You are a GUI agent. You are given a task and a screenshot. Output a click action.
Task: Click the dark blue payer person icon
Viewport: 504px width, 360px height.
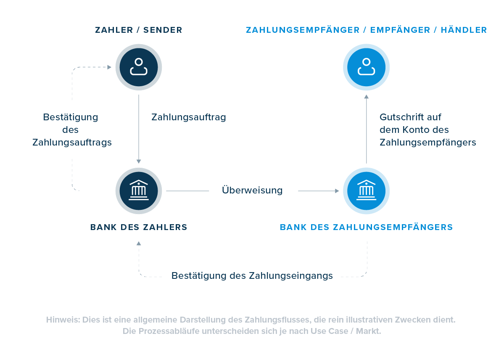pos(139,67)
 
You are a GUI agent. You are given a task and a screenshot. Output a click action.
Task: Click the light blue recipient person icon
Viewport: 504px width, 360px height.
pos(366,67)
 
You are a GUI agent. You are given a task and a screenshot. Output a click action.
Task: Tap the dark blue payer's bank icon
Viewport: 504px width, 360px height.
pos(139,191)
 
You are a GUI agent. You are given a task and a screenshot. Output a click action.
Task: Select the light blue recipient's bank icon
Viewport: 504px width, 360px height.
pos(366,191)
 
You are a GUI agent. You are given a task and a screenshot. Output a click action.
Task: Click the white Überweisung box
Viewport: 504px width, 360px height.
pos(253,191)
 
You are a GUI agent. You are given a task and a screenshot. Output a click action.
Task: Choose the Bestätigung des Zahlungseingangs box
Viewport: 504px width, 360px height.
pos(252,276)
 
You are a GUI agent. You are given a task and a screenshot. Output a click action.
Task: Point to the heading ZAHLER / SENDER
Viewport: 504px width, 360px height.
pos(139,30)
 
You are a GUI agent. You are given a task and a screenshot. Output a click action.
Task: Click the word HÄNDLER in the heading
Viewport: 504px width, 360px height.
pos(464,30)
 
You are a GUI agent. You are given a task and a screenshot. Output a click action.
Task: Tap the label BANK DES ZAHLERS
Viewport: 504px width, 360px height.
pos(139,228)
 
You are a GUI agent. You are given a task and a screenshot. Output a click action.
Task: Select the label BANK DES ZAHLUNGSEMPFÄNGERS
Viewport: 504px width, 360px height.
pos(366,228)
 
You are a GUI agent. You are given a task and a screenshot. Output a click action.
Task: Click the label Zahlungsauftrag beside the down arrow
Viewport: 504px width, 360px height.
pos(189,117)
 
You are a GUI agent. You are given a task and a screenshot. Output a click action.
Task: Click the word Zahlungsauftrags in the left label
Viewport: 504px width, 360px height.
pos(72,143)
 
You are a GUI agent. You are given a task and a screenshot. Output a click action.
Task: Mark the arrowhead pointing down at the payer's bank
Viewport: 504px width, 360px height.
pos(139,161)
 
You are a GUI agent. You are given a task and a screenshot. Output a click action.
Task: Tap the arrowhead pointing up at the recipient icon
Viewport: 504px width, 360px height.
pos(366,97)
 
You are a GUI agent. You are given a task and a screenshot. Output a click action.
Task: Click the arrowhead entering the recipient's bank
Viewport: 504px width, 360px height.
pos(337,191)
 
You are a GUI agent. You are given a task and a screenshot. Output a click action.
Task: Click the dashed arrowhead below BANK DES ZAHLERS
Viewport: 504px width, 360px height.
pos(139,244)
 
